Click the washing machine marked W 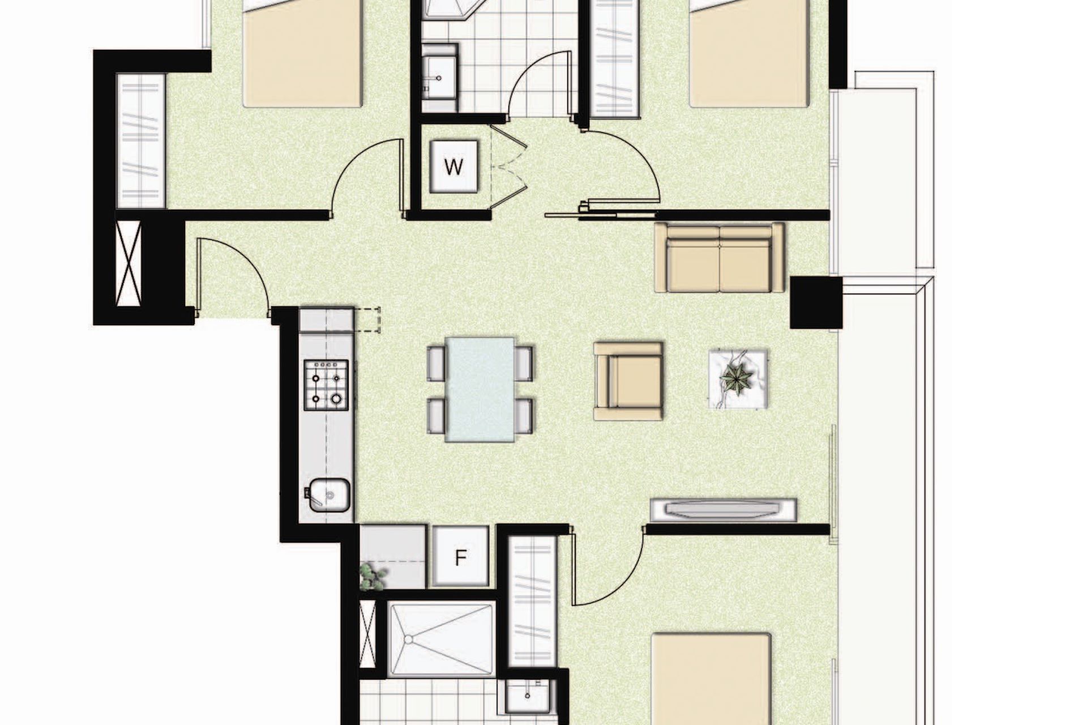pos(453,167)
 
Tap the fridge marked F pos(460,558)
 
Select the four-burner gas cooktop pos(326,385)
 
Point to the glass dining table pos(480,389)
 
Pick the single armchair pos(628,381)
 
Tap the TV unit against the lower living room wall pos(724,510)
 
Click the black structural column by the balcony pos(816,302)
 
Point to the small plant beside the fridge pos(373,576)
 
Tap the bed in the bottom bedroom pos(711,679)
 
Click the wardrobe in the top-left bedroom pos(140,140)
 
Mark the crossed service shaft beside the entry pos(129,263)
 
